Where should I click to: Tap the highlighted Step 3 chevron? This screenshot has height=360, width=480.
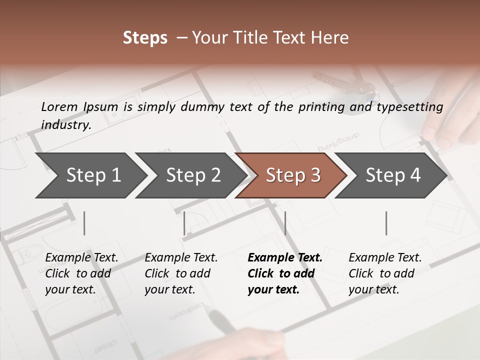[x=293, y=175]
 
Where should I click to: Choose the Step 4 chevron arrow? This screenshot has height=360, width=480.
[x=393, y=175]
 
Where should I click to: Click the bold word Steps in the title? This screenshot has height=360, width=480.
[x=145, y=38]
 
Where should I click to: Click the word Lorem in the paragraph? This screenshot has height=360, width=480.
[x=59, y=106]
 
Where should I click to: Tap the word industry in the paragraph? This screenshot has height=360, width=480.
[x=66, y=124]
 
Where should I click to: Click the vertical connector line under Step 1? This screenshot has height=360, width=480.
[x=84, y=223]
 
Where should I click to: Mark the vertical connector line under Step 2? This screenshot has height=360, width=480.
[x=184, y=223]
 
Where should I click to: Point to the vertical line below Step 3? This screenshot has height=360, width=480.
[x=285, y=223]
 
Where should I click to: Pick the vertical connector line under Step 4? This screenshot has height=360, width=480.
[x=386, y=223]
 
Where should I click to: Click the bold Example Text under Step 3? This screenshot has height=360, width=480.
[x=285, y=257]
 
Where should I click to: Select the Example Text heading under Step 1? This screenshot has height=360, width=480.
[x=81, y=257]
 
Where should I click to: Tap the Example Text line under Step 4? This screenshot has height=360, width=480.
[x=385, y=257]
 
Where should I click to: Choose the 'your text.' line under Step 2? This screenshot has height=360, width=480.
[x=169, y=289]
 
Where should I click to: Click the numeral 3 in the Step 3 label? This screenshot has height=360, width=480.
[x=315, y=175]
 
